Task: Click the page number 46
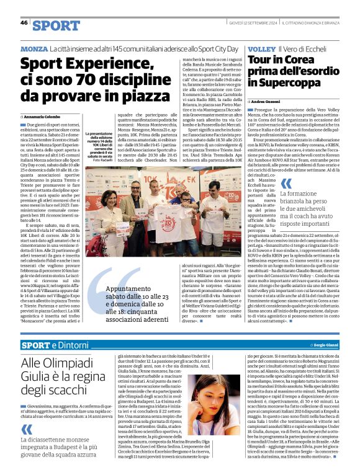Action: pos(24,23)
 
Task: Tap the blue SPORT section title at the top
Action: pos(56,25)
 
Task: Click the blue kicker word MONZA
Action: pos(34,48)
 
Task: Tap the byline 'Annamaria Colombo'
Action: pos(43,116)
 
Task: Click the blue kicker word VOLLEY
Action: pos(260,48)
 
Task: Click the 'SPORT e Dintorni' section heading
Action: pos(52,345)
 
